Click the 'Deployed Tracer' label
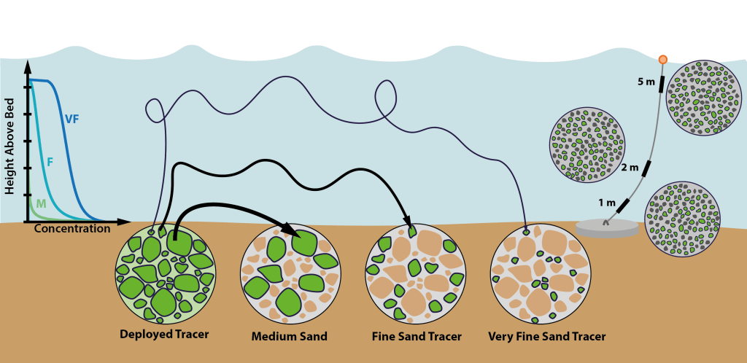coord(164,335)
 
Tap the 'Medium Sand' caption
coord(289,337)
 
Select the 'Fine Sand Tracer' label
coord(416,337)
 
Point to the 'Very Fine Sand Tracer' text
coord(547,337)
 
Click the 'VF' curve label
coord(71,119)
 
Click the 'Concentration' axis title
coord(72,229)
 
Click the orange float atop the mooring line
coord(663,59)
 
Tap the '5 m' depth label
coord(646,82)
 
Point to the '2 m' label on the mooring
coord(630,168)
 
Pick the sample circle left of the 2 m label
coord(586,146)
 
